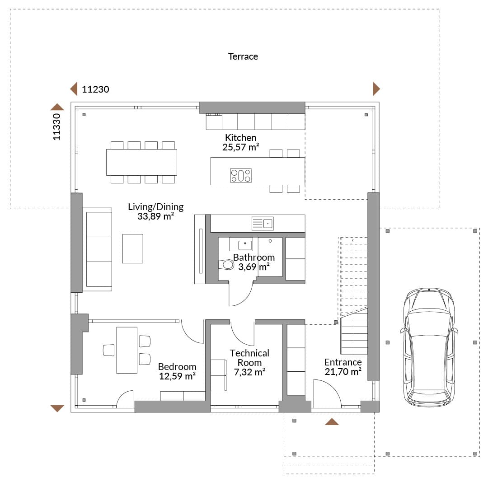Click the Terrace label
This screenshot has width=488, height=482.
point(243,56)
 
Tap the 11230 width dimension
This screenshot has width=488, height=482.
point(95,89)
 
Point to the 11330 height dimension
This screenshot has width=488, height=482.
point(56,126)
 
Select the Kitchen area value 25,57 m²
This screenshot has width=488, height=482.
point(240,147)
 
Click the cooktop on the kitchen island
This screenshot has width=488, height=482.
point(240,176)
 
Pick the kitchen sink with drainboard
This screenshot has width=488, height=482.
point(263,224)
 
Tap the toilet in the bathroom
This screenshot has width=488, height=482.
point(226,265)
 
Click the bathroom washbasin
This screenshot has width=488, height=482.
point(245,245)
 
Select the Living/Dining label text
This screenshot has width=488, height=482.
point(155,206)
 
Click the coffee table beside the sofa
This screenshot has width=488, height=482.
point(132,248)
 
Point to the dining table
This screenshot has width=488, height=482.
point(141,163)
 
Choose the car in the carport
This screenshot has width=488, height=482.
point(429,347)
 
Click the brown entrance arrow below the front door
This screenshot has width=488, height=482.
point(332,421)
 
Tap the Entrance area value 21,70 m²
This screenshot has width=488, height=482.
point(343,372)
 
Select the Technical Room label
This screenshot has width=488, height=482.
point(249,358)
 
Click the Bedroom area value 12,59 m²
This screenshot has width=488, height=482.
point(177,376)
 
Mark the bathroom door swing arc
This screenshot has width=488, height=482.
point(246,299)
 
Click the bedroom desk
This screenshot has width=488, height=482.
point(127,350)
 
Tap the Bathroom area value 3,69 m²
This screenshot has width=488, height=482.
point(253,267)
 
